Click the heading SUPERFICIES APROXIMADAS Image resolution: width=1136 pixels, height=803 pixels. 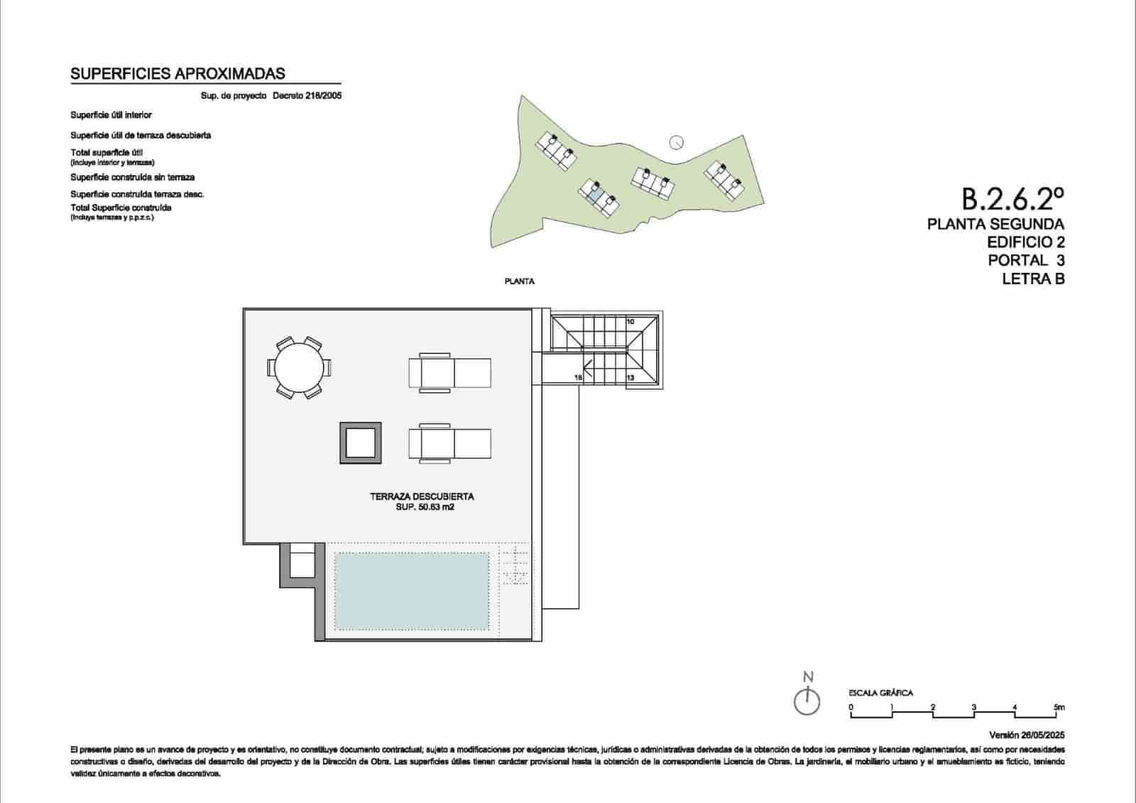click(177, 74)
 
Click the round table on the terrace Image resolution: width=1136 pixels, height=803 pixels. click(298, 368)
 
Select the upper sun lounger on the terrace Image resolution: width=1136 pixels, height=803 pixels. click(449, 372)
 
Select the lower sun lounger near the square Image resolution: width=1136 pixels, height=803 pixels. click(449, 443)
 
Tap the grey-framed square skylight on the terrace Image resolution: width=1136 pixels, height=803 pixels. click(360, 443)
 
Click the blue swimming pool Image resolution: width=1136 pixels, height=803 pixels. click(411, 591)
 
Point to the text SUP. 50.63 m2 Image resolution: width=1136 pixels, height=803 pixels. click(425, 507)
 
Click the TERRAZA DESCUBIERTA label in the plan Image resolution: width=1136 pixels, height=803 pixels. click(422, 497)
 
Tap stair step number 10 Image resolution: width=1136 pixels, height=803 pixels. click(630, 322)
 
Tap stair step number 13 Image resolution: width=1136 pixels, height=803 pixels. click(630, 378)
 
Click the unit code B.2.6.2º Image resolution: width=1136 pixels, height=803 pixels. click(1013, 200)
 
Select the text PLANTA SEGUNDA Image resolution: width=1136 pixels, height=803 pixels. click(995, 225)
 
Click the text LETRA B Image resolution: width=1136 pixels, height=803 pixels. click(1033, 279)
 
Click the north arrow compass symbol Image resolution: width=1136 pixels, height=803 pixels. click(807, 701)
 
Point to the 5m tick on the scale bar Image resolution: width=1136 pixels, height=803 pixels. click(1059, 708)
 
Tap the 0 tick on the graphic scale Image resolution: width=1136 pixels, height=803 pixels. click(851, 708)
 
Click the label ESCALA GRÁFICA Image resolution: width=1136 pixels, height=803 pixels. click(880, 693)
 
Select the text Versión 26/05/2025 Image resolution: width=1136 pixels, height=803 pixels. click(1027, 735)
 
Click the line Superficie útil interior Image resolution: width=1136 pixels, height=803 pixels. click(111, 115)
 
